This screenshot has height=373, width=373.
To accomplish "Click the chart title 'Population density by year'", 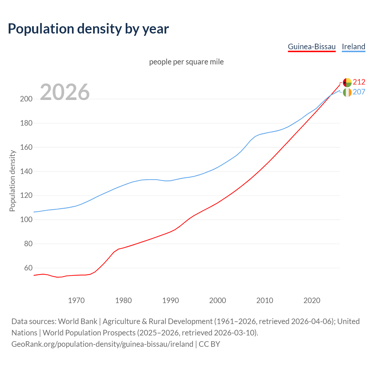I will point(88,29).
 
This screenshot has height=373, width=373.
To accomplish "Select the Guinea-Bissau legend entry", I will point(312,47).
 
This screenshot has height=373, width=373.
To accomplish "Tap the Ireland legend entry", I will point(353,47).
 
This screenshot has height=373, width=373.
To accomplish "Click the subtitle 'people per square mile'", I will point(186,62).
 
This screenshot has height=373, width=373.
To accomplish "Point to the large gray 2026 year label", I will point(65,92).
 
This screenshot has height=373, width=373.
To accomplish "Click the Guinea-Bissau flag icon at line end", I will point(347,82).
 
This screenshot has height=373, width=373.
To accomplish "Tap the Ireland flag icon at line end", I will point(347,92).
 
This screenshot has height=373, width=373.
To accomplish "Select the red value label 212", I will point(359,82).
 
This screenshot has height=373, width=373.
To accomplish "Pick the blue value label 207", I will point(359,92).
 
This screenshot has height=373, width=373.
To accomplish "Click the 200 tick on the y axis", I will point(26,99).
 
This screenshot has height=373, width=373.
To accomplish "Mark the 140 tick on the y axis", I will point(26,172).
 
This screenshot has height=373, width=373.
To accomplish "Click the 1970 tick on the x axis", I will point(76,300).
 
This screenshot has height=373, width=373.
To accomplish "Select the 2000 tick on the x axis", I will point(218,300).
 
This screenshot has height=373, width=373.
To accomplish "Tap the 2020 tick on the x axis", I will point(312,300).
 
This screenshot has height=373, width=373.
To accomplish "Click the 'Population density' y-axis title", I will point(12,181).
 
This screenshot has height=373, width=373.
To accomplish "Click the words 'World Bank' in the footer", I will point(78,321).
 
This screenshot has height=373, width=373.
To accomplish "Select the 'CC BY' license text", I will point(209,344).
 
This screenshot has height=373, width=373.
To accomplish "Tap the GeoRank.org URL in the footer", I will point(102,344).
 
